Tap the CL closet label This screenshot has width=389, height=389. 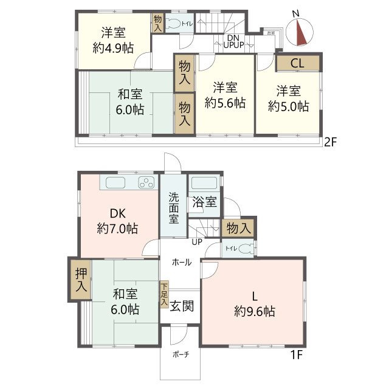297,63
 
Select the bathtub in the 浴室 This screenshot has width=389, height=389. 204,184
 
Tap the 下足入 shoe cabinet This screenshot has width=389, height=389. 164,293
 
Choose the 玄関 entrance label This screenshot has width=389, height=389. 182,306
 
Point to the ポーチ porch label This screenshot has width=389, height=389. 179,354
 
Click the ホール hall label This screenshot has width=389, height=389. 182,263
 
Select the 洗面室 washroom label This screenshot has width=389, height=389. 173,208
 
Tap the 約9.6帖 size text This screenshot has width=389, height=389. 255,312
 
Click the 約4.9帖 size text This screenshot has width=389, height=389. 114,48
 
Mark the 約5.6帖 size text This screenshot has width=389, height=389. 224,103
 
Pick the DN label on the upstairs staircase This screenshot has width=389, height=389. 233,38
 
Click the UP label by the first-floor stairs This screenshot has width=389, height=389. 197,242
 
